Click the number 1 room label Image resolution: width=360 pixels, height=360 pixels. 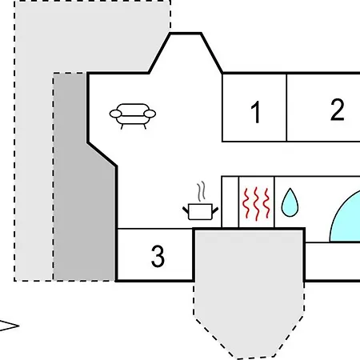[x=256, y=112]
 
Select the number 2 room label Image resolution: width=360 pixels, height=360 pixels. [x=337, y=110]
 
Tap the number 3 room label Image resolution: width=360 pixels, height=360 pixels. [x=158, y=256]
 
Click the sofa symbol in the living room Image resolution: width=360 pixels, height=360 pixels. [x=133, y=116]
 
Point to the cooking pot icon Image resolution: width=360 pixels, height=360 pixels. [x=200, y=212]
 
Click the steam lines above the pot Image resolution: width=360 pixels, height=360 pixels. [x=202, y=191]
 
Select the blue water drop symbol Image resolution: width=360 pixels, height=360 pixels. [x=290, y=202]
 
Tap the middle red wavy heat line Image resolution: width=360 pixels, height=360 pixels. [x=257, y=204]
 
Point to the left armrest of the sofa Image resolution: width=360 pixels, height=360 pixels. [x=115, y=114]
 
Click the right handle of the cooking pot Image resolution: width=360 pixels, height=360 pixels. [x=215, y=210]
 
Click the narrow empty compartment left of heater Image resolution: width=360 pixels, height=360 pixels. [x=230, y=202]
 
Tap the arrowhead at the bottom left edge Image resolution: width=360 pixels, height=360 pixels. [x=9, y=326]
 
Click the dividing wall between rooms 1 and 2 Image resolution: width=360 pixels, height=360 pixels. [x=286, y=107]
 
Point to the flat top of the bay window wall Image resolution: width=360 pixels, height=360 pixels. [x=186, y=34]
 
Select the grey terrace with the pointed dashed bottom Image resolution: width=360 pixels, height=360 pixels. [x=249, y=294]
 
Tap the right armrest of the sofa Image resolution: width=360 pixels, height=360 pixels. [x=150, y=114]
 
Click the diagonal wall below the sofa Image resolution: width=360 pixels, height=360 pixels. [x=102, y=154]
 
